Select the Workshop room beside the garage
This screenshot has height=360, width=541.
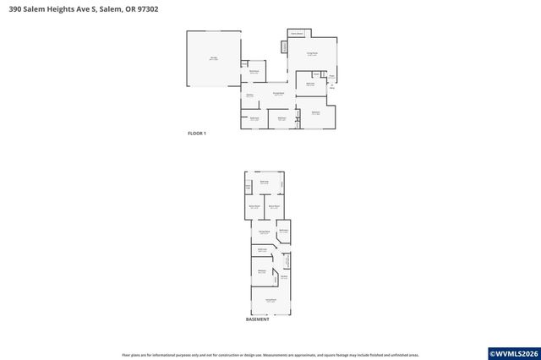click(254, 73)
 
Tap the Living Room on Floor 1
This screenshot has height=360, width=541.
click(312, 54)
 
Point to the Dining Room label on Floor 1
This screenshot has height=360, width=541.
click(277, 94)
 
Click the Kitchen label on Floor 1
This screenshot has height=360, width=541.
click(249, 95)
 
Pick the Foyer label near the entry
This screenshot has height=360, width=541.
click(331, 76)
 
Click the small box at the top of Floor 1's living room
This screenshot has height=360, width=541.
click(297, 34)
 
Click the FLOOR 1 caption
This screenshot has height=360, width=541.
click(196, 134)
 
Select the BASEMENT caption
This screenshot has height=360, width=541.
click(258, 319)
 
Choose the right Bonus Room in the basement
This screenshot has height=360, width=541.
click(274, 206)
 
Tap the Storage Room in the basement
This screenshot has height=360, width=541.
click(264, 232)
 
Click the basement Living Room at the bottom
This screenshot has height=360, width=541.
click(270, 300)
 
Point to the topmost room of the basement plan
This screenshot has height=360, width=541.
click(265, 183)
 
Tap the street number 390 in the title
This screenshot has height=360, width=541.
click(15, 10)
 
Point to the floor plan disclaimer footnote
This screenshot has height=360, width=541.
click(270, 355)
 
